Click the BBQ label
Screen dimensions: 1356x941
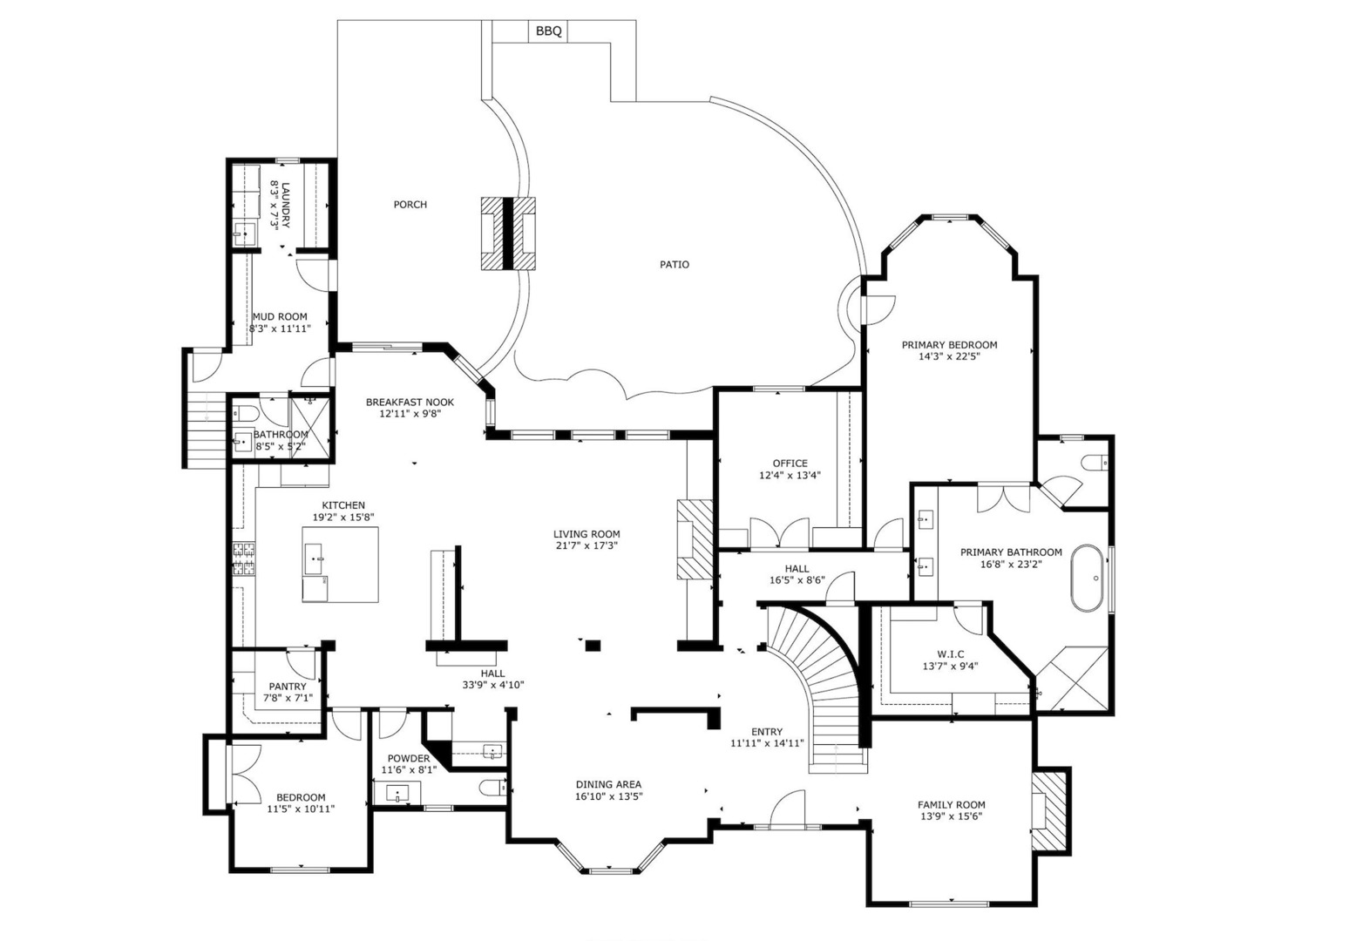(x=548, y=30)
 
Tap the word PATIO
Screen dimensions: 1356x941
(x=674, y=265)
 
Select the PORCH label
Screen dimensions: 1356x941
(x=410, y=205)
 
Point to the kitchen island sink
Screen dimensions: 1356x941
(x=315, y=559)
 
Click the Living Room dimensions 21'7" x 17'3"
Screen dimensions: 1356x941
(x=586, y=545)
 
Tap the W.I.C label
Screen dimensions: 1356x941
(x=951, y=654)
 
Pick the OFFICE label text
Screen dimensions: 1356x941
(x=790, y=464)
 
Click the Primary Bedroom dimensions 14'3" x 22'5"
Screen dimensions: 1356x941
(x=949, y=356)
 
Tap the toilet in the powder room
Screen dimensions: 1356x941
(x=492, y=788)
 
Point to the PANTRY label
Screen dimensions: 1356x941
(x=288, y=687)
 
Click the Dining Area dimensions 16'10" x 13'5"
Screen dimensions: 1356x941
(x=608, y=796)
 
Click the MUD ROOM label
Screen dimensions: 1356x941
(x=280, y=316)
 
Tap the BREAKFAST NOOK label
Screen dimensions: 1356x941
(x=410, y=403)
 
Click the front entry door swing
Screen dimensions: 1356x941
(x=787, y=808)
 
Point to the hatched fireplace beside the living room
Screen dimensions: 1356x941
(x=695, y=539)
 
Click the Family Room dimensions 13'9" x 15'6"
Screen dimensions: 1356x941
(x=951, y=816)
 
